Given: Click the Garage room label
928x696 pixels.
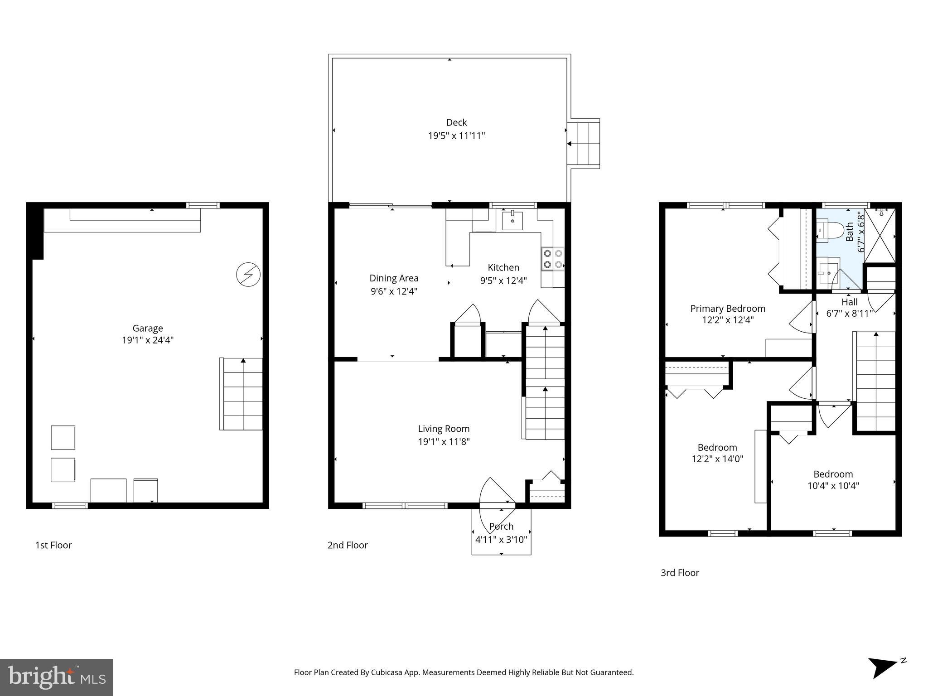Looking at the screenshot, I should click(148, 328).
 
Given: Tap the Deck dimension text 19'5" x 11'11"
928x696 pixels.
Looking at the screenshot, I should click(456, 135).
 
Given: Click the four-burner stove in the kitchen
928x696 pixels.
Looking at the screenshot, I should click(553, 259).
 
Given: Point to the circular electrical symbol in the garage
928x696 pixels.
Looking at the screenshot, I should click(248, 275).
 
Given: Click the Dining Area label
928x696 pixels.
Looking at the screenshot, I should click(394, 278).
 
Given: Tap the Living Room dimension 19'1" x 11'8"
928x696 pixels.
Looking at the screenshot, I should click(444, 441).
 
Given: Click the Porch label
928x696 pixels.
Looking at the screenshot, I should click(501, 526).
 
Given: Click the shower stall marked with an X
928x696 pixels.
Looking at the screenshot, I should click(880, 235).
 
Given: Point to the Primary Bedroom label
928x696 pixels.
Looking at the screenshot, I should click(727, 309).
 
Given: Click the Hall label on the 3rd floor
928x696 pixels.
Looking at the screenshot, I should click(850, 302).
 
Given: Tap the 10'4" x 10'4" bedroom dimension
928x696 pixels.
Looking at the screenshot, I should click(833, 486).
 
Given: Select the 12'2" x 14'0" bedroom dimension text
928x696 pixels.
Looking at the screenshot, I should click(717, 459).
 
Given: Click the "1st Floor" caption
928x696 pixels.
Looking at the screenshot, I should click(53, 545).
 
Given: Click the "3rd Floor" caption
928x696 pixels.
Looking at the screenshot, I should click(680, 573).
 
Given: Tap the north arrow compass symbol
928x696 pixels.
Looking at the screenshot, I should click(884, 667).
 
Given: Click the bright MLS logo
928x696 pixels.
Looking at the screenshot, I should click(57, 677).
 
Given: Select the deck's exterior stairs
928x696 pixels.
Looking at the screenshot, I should click(584, 144).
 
